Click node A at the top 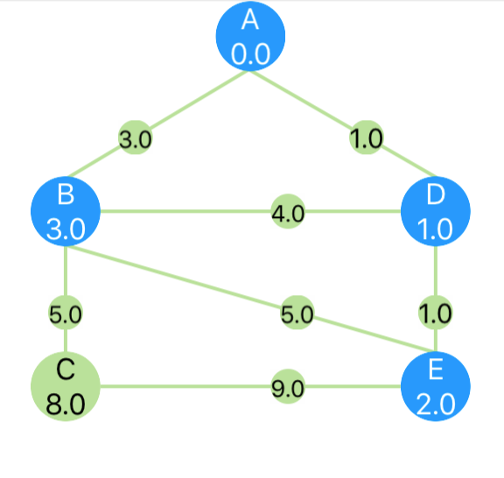pos(250,36)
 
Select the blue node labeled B pos(66,211)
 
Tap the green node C pos(66,386)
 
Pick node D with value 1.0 pos(436,211)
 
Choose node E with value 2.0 pos(436,386)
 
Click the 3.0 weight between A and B pos(136,137)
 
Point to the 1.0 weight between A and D pos(366,137)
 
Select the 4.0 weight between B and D pos(288,211)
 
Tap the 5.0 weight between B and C pos(66,313)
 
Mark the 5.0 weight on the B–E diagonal pos(297,313)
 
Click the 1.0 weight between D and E pos(436,313)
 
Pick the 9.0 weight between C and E pos(288,386)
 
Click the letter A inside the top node pos(250,20)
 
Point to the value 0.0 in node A pos(250,54)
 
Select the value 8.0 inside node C pos(66,404)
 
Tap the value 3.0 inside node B pos(66,229)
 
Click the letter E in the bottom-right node pos(436,370)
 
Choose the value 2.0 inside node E pos(436,404)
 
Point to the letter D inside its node pos(436,195)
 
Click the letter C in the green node pos(66,370)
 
